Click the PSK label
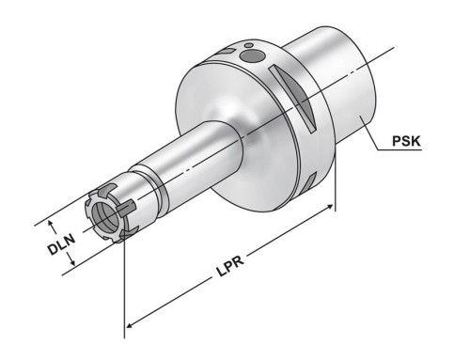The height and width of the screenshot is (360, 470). (x=406, y=141)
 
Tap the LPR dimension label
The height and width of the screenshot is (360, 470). (x=231, y=266)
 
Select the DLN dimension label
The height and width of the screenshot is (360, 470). (x=61, y=244)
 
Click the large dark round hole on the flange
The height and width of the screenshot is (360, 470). (x=252, y=56)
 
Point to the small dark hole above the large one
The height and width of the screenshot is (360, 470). (x=249, y=45)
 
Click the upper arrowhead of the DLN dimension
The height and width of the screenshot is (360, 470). (x=50, y=224)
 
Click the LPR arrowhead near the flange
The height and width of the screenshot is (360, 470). (x=329, y=207)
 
